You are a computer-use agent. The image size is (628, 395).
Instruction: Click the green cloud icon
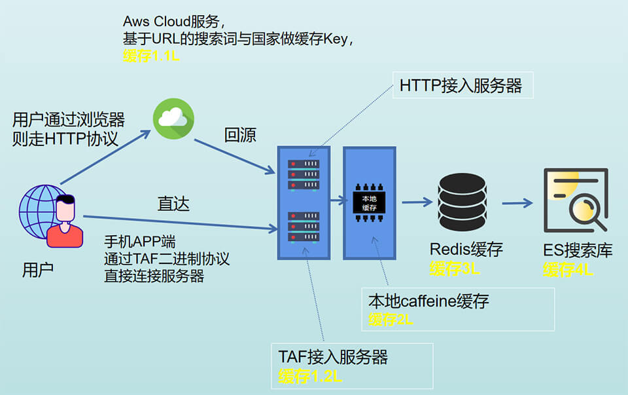point(173,119)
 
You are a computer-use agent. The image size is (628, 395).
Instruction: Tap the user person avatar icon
point(65,219)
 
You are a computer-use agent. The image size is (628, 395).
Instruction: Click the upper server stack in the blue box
point(304,174)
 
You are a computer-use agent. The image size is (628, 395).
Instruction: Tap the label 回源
point(240,136)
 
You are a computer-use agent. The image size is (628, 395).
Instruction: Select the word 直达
point(173,204)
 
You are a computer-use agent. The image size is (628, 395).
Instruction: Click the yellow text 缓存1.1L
point(151,57)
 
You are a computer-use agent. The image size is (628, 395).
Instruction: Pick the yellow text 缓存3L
point(455,269)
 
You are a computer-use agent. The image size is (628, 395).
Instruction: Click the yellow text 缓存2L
point(391,320)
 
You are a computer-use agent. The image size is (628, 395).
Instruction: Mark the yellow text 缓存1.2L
point(310,376)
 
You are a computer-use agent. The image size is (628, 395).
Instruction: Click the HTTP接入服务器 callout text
point(461,86)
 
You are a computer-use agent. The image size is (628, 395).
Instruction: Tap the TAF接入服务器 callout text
point(334,357)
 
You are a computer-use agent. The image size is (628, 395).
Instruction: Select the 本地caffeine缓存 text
point(428,301)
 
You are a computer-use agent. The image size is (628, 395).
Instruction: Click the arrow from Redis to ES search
point(517,202)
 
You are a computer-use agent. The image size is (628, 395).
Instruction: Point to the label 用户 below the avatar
point(37,269)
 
